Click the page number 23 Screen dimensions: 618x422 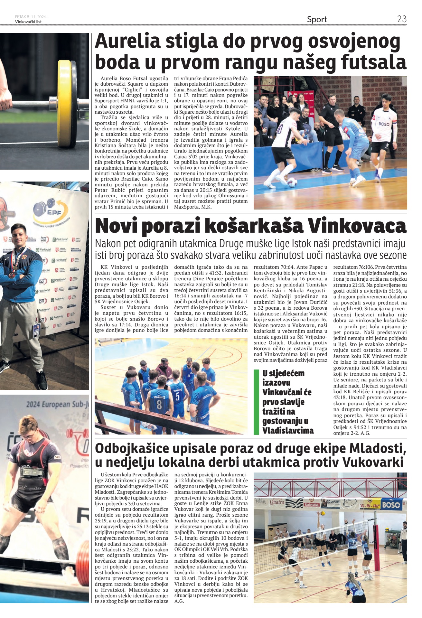click(x=402, y=19)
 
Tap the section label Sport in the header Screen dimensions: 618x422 click(x=317, y=19)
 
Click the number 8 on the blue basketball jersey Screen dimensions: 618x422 click(x=159, y=404)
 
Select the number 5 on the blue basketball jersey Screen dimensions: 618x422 click(x=177, y=396)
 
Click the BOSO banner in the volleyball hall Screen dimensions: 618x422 click(x=391, y=504)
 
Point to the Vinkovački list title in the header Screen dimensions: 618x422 click(x=28, y=22)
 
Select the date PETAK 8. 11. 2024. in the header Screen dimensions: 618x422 click(x=31, y=17)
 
